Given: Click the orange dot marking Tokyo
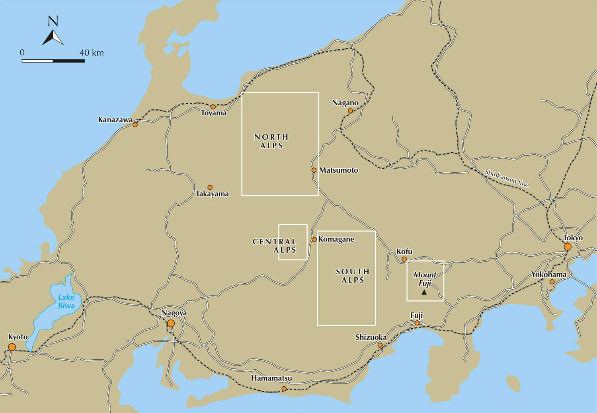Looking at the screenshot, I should click(568, 247).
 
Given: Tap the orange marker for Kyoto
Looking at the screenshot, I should click(12, 347).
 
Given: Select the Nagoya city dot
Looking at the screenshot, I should click(171, 323).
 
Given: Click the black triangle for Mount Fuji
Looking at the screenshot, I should click(424, 292).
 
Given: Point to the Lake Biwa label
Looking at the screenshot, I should click(66, 302).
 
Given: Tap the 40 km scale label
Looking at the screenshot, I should click(92, 53).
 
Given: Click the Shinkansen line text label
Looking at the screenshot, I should click(507, 178).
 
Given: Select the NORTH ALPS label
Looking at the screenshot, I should click(271, 141).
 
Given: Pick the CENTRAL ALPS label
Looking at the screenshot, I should click(275, 246).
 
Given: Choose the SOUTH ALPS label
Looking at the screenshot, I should click(353, 276).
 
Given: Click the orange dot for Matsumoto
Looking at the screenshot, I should click(314, 170).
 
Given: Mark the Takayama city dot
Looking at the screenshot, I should click(210, 187).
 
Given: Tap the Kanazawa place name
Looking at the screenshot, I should click(115, 120).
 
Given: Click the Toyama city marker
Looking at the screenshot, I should click(213, 107).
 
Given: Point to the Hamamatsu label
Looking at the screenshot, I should click(271, 378).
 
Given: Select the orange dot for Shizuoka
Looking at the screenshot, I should click(380, 345).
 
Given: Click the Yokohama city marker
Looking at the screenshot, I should click(552, 282).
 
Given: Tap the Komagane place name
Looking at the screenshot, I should click(336, 240).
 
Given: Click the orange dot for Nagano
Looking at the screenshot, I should click(350, 111).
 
